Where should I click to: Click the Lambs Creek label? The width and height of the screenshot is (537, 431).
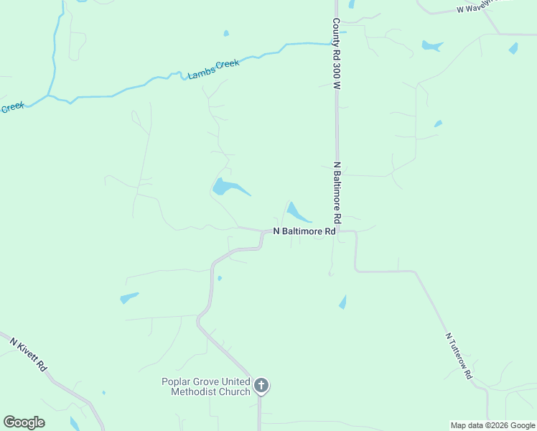tap(213, 68)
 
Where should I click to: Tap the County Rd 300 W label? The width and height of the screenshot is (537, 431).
tap(335, 54)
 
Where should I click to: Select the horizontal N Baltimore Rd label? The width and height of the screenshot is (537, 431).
tap(304, 232)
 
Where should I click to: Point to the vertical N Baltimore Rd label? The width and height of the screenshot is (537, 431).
tap(336, 192)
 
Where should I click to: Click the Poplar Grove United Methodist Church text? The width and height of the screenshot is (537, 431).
tap(205, 386)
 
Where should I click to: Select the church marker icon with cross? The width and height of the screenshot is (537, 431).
tap(261, 386)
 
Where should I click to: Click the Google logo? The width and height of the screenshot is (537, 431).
tap(24, 422)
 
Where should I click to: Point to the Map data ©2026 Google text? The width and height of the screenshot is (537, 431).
tap(492, 425)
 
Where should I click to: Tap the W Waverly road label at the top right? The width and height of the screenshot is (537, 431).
tap(482, 8)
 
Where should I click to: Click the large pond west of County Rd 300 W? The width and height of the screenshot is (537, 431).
tap(226, 188)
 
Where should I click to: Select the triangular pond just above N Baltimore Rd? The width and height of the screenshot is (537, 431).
tap(296, 212)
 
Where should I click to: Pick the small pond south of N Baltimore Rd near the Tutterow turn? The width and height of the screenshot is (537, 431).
tap(343, 302)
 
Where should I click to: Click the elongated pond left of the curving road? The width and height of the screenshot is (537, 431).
tap(129, 297)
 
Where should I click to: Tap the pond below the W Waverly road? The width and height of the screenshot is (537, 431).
tap(431, 46)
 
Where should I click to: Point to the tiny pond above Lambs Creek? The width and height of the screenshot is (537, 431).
tap(226, 33)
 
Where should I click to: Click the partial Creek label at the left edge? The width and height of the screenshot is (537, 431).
tap(11, 108)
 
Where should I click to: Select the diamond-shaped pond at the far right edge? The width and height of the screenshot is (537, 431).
tap(513, 49)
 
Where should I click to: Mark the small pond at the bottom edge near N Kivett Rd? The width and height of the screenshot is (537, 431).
tap(75, 423)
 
